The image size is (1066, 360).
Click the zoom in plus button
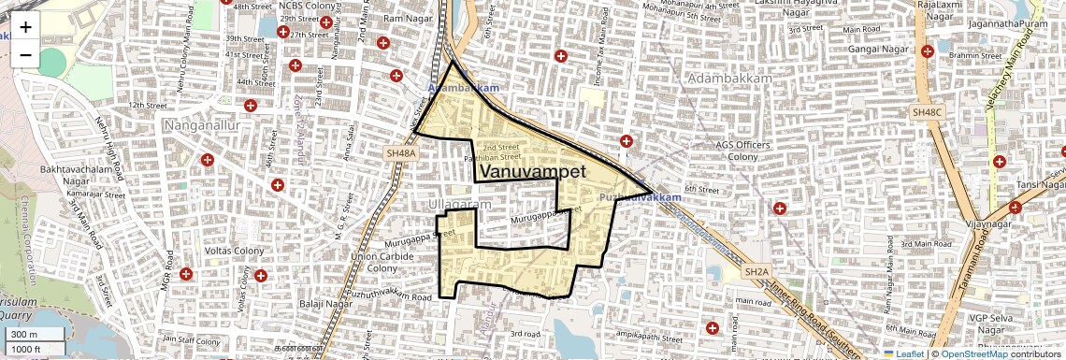25,27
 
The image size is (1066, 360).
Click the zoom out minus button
25,55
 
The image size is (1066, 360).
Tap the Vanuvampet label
524,172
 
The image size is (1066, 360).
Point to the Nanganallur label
203,123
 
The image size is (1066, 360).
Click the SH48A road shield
398,151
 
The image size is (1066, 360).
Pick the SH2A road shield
756,271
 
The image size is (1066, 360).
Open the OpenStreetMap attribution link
975,353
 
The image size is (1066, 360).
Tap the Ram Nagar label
405,19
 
